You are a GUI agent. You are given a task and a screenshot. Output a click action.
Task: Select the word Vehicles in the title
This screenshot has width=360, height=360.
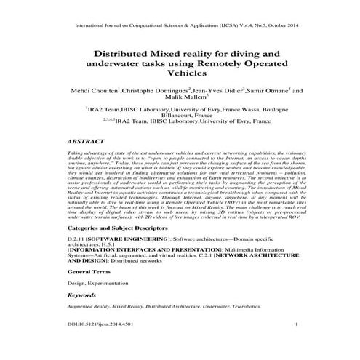[180, 75]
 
